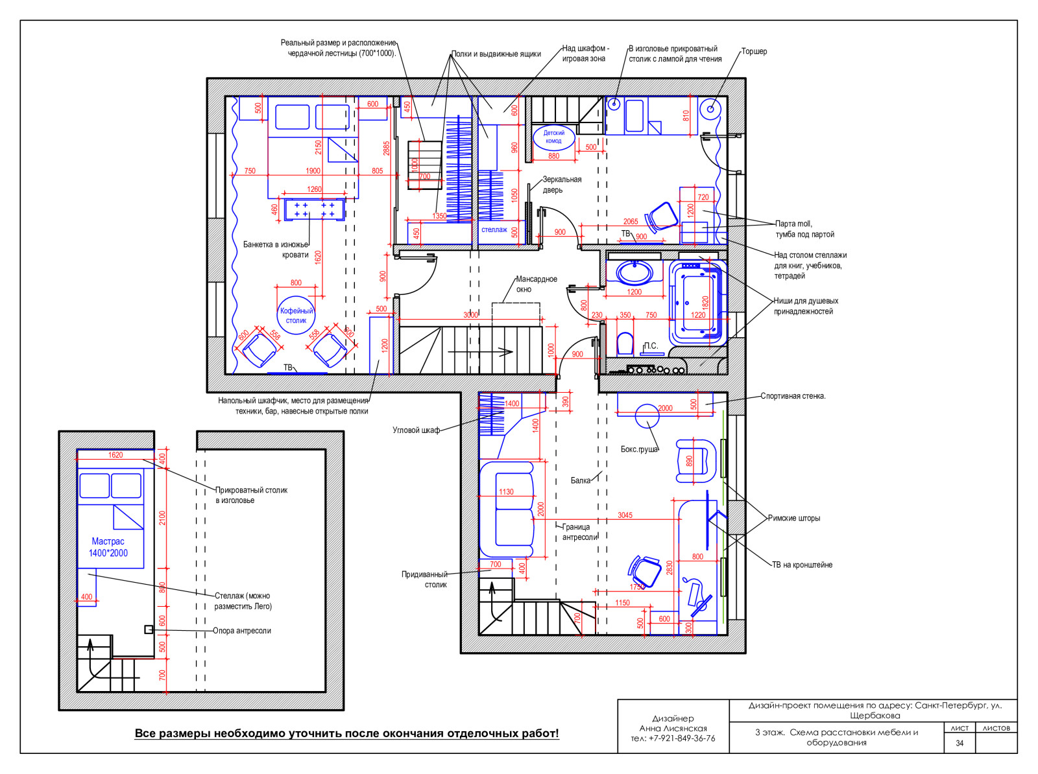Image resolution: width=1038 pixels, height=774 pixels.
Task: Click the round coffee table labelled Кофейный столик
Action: [x=296, y=315]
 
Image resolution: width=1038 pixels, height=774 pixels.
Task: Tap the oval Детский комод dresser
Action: [x=553, y=137]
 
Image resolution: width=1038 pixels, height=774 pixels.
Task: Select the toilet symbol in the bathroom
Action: [x=625, y=344]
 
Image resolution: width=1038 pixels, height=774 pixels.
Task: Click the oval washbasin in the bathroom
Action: [x=634, y=273]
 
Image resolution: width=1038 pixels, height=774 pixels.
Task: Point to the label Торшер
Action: [x=754, y=51]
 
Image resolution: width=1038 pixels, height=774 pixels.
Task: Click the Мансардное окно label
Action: [x=537, y=284]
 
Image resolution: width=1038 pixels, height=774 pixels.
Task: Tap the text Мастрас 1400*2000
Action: [x=108, y=547]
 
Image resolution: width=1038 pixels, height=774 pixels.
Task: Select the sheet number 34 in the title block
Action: [x=959, y=744]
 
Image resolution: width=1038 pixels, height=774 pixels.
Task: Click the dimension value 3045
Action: [x=625, y=515]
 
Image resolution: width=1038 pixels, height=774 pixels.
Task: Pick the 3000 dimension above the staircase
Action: [x=470, y=314]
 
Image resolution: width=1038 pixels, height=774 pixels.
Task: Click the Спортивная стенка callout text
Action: [x=793, y=396]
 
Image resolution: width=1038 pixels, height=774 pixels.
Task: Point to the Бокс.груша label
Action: [x=639, y=449]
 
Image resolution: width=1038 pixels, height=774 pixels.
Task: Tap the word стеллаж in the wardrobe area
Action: [x=494, y=229]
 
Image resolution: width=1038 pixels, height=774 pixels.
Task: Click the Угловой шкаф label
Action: [x=416, y=430]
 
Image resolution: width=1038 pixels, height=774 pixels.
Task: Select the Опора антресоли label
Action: [x=241, y=630]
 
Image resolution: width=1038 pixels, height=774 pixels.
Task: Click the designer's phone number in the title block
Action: [x=673, y=738]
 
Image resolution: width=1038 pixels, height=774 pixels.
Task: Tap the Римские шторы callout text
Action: [x=793, y=519]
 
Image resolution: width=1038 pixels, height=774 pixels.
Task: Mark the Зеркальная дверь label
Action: [x=562, y=185]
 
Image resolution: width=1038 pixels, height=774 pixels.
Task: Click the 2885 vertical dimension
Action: [x=387, y=148]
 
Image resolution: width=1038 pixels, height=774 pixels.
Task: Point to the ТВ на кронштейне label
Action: [x=802, y=565]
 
